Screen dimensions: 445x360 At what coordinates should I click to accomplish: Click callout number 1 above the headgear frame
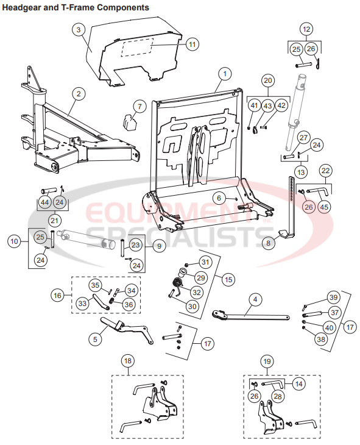(225, 74)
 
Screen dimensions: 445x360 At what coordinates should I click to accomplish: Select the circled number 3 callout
(79, 29)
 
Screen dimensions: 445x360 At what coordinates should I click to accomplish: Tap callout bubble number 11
(192, 44)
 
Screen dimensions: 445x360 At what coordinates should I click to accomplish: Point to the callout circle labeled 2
(78, 93)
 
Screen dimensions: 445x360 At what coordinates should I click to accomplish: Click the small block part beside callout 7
(127, 121)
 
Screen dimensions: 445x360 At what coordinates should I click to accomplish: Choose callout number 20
(269, 80)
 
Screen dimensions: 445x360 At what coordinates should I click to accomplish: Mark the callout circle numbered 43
(268, 105)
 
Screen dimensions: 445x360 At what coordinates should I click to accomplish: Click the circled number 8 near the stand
(266, 242)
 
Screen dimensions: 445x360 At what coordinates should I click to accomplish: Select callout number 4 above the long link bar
(255, 299)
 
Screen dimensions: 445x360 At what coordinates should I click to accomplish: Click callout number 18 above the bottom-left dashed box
(127, 360)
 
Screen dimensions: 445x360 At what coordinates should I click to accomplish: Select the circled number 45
(325, 207)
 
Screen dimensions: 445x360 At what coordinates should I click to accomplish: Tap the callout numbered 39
(333, 297)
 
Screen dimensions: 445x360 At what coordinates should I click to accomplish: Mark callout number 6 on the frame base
(217, 198)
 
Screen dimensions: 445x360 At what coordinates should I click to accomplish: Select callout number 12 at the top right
(306, 29)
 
